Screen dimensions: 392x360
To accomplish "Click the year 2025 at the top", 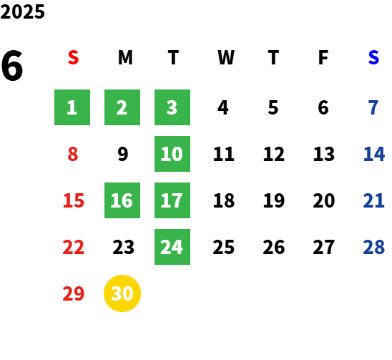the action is tap(22, 11).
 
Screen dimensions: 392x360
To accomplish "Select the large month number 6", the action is tap(12, 66).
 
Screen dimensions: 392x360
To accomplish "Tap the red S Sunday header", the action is tap(73, 58).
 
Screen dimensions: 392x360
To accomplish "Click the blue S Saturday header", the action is tap(373, 58).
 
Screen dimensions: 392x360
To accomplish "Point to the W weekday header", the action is tap(226, 58).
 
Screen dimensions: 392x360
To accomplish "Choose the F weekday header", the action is tap(323, 58).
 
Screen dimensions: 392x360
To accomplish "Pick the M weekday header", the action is tap(125, 58).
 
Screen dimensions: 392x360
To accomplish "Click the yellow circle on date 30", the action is tap(122, 293).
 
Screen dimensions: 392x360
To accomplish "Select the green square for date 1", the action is tap(72, 107).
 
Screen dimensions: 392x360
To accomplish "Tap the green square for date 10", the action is tap(172, 154).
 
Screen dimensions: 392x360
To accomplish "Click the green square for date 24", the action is tap(172, 247).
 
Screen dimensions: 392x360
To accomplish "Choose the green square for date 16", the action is tap(122, 200).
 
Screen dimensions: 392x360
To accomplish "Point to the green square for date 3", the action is tap(172, 107).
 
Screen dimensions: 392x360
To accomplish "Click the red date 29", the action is tap(74, 293).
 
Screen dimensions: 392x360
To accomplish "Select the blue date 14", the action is tap(374, 154).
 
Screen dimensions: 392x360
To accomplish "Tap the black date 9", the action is tap(123, 154).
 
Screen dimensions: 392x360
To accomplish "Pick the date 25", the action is tap(224, 247).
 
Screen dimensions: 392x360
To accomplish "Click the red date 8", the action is tap(73, 154).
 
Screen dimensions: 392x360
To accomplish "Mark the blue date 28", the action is tap(374, 247).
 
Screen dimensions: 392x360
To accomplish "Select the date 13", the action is tap(324, 154).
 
